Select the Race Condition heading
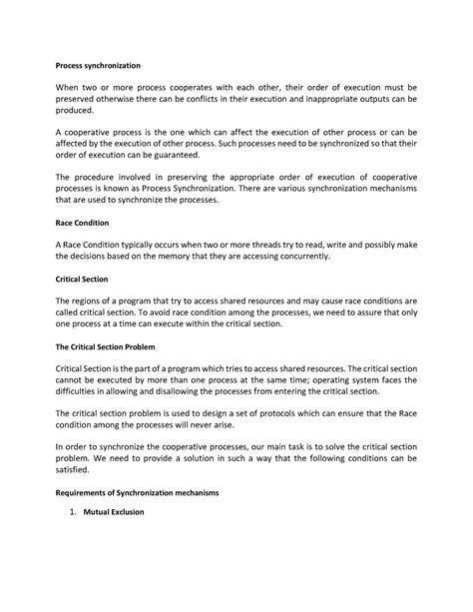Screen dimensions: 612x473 click(82, 223)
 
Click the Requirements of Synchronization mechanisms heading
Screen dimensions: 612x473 click(150, 493)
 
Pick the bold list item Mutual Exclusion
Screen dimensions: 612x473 click(115, 512)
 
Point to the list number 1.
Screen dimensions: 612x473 click(72, 512)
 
